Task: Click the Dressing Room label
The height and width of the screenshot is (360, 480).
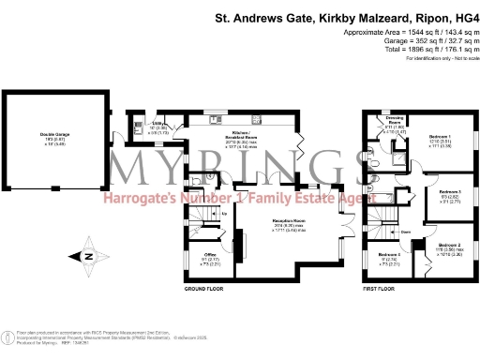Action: tap(395, 126)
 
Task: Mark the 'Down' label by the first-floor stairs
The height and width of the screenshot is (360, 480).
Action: tap(406, 230)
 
